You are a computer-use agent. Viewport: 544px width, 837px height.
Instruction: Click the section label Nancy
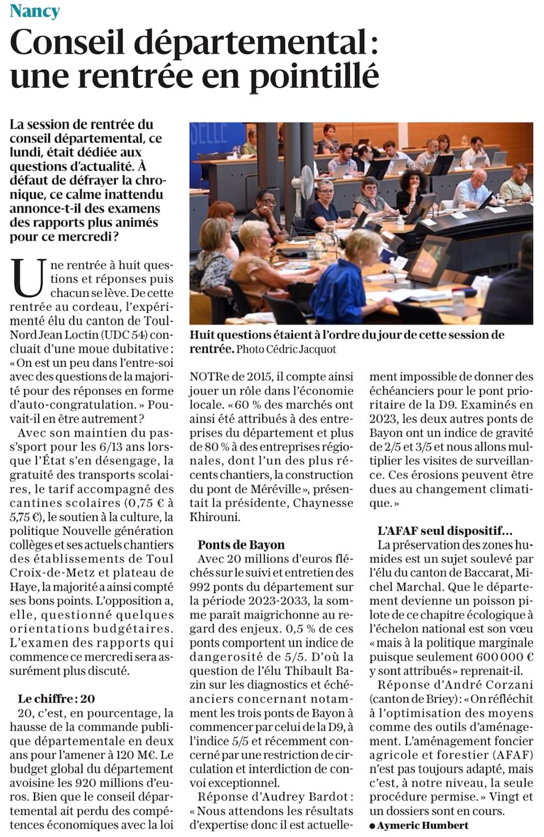tap(35, 11)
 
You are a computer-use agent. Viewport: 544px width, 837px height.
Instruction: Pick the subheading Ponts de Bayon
tap(241, 544)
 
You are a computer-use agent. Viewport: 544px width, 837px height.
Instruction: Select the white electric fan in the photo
tap(303, 186)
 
